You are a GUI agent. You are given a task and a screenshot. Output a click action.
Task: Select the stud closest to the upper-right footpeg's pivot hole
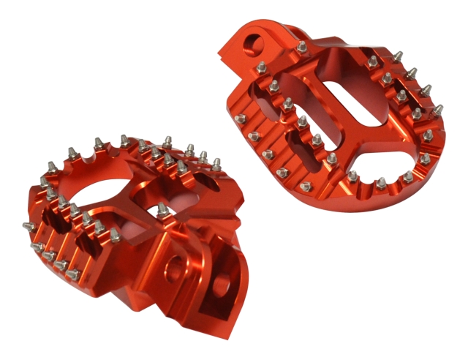[x=301, y=48]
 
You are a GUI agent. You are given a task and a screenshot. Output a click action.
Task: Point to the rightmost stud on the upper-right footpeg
[x=438, y=110]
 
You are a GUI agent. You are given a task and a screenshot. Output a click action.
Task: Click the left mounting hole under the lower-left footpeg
[x=173, y=269]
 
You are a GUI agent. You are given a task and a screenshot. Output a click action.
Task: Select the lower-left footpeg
[x=132, y=220]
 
